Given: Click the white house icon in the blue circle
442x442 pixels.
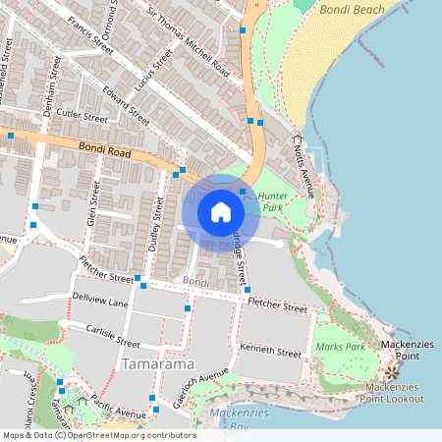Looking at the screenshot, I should [221, 211].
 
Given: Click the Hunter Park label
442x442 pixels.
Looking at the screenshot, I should [271, 202].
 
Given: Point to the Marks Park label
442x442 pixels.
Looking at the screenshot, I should [340, 348].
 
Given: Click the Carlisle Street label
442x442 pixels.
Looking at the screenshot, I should [113, 337].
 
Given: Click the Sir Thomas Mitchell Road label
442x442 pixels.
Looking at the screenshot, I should [193, 40].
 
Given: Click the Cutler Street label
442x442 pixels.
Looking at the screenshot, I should [82, 116].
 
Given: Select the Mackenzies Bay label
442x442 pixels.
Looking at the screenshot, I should [232, 418].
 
